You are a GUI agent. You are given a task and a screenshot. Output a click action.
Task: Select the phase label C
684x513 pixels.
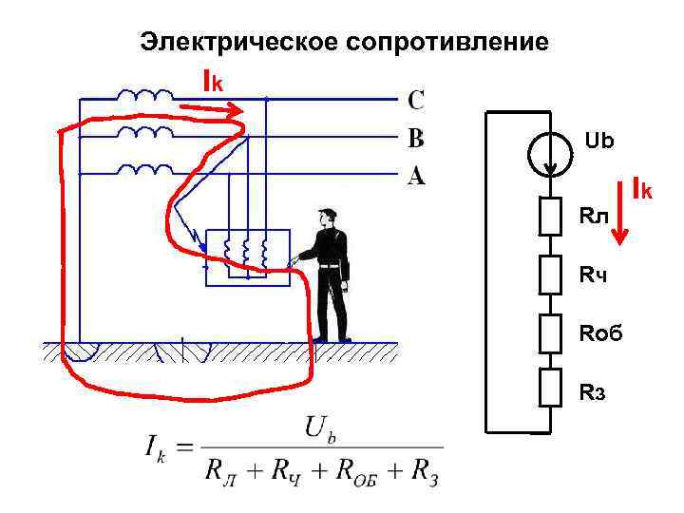click(417, 99)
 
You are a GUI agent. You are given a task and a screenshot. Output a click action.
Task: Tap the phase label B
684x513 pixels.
click(416, 139)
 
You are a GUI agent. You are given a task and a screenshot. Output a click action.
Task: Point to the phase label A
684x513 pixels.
click(416, 176)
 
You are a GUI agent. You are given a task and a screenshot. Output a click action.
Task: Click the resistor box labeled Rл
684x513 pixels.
click(552, 216)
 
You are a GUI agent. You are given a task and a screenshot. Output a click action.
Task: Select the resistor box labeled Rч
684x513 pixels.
click(552, 275)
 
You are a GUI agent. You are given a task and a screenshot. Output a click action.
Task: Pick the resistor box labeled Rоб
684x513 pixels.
click(552, 332)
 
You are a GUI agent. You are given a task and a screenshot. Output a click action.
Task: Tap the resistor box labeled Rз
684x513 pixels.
click(552, 389)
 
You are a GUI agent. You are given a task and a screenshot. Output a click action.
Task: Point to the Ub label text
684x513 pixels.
click(599, 142)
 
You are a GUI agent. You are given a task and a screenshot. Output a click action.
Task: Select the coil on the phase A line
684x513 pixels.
click(144, 170)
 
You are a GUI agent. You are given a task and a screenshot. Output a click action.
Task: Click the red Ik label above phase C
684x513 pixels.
click(213, 82)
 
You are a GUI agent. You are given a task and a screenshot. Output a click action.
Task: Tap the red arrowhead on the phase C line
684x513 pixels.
click(235, 111)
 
